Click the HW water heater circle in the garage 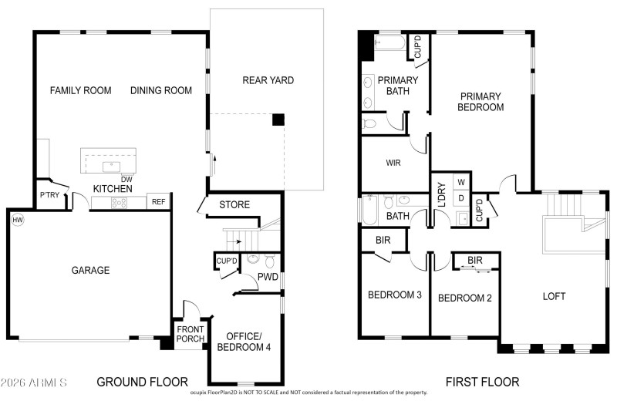[17, 220]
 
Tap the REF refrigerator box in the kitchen [158, 202]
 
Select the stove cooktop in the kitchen [120, 203]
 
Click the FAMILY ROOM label [80, 91]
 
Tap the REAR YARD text [268, 80]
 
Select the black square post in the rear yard [278, 120]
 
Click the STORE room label [234, 205]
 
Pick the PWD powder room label [268, 277]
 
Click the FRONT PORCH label [190, 335]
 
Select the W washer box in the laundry [461, 182]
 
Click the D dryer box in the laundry [461, 198]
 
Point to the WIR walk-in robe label [393, 163]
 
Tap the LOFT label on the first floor [554, 296]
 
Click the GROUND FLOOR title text [142, 382]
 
